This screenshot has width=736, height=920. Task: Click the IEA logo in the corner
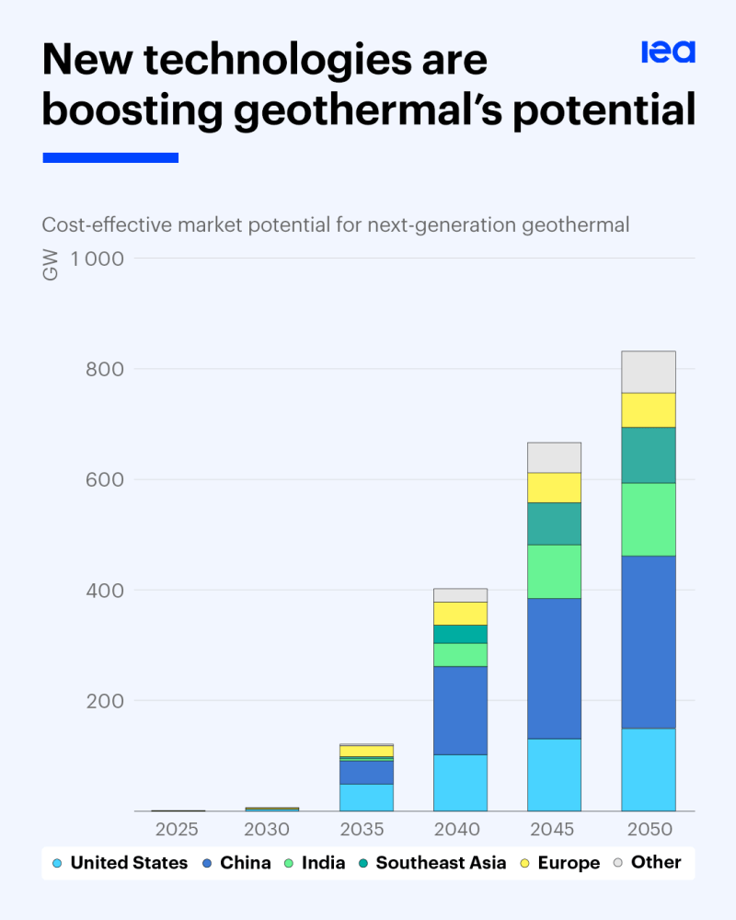pyautogui.click(x=668, y=52)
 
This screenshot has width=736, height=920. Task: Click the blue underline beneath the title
pyautogui.click(x=110, y=158)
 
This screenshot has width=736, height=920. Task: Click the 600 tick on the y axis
pyautogui.click(x=104, y=479)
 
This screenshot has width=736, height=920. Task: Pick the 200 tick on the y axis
pyautogui.click(x=104, y=700)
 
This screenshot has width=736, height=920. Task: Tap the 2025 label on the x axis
pyautogui.click(x=177, y=829)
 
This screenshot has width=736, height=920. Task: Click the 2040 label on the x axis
pyautogui.click(x=458, y=829)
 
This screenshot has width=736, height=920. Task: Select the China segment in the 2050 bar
pyautogui.click(x=649, y=641)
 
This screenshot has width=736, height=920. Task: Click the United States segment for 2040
pyautogui.click(x=460, y=782)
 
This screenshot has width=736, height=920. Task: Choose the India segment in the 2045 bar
pyautogui.click(x=554, y=571)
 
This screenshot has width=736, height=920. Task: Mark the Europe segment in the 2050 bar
pyautogui.click(x=649, y=409)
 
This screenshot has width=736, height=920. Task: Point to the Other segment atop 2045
pyautogui.click(x=554, y=457)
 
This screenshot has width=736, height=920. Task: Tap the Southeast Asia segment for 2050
pyautogui.click(x=649, y=454)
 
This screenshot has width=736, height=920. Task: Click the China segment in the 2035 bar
pyautogui.click(x=366, y=772)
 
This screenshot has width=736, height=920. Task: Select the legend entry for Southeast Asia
pyautogui.click(x=441, y=863)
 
